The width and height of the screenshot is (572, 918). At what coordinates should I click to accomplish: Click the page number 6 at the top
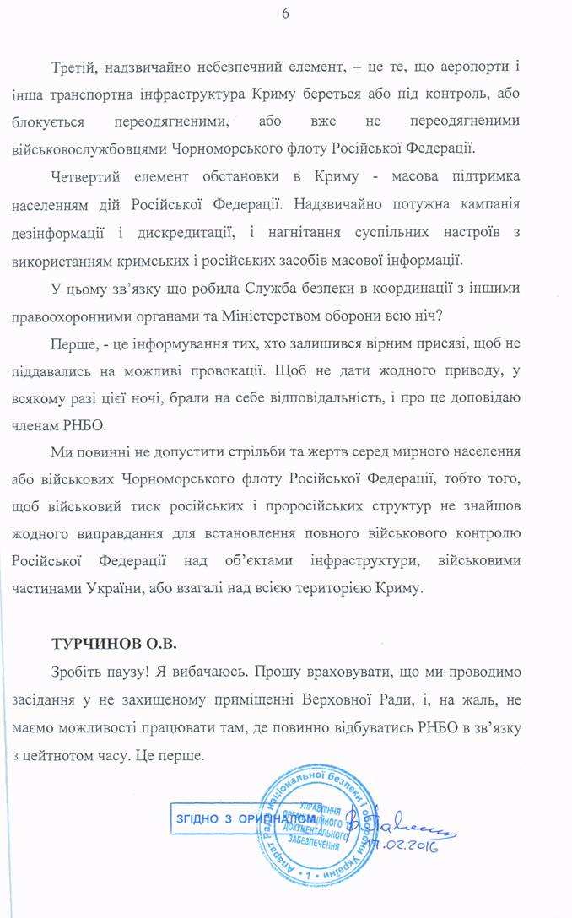[286, 13]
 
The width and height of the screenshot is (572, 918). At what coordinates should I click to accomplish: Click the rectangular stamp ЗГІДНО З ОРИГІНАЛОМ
[244, 818]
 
